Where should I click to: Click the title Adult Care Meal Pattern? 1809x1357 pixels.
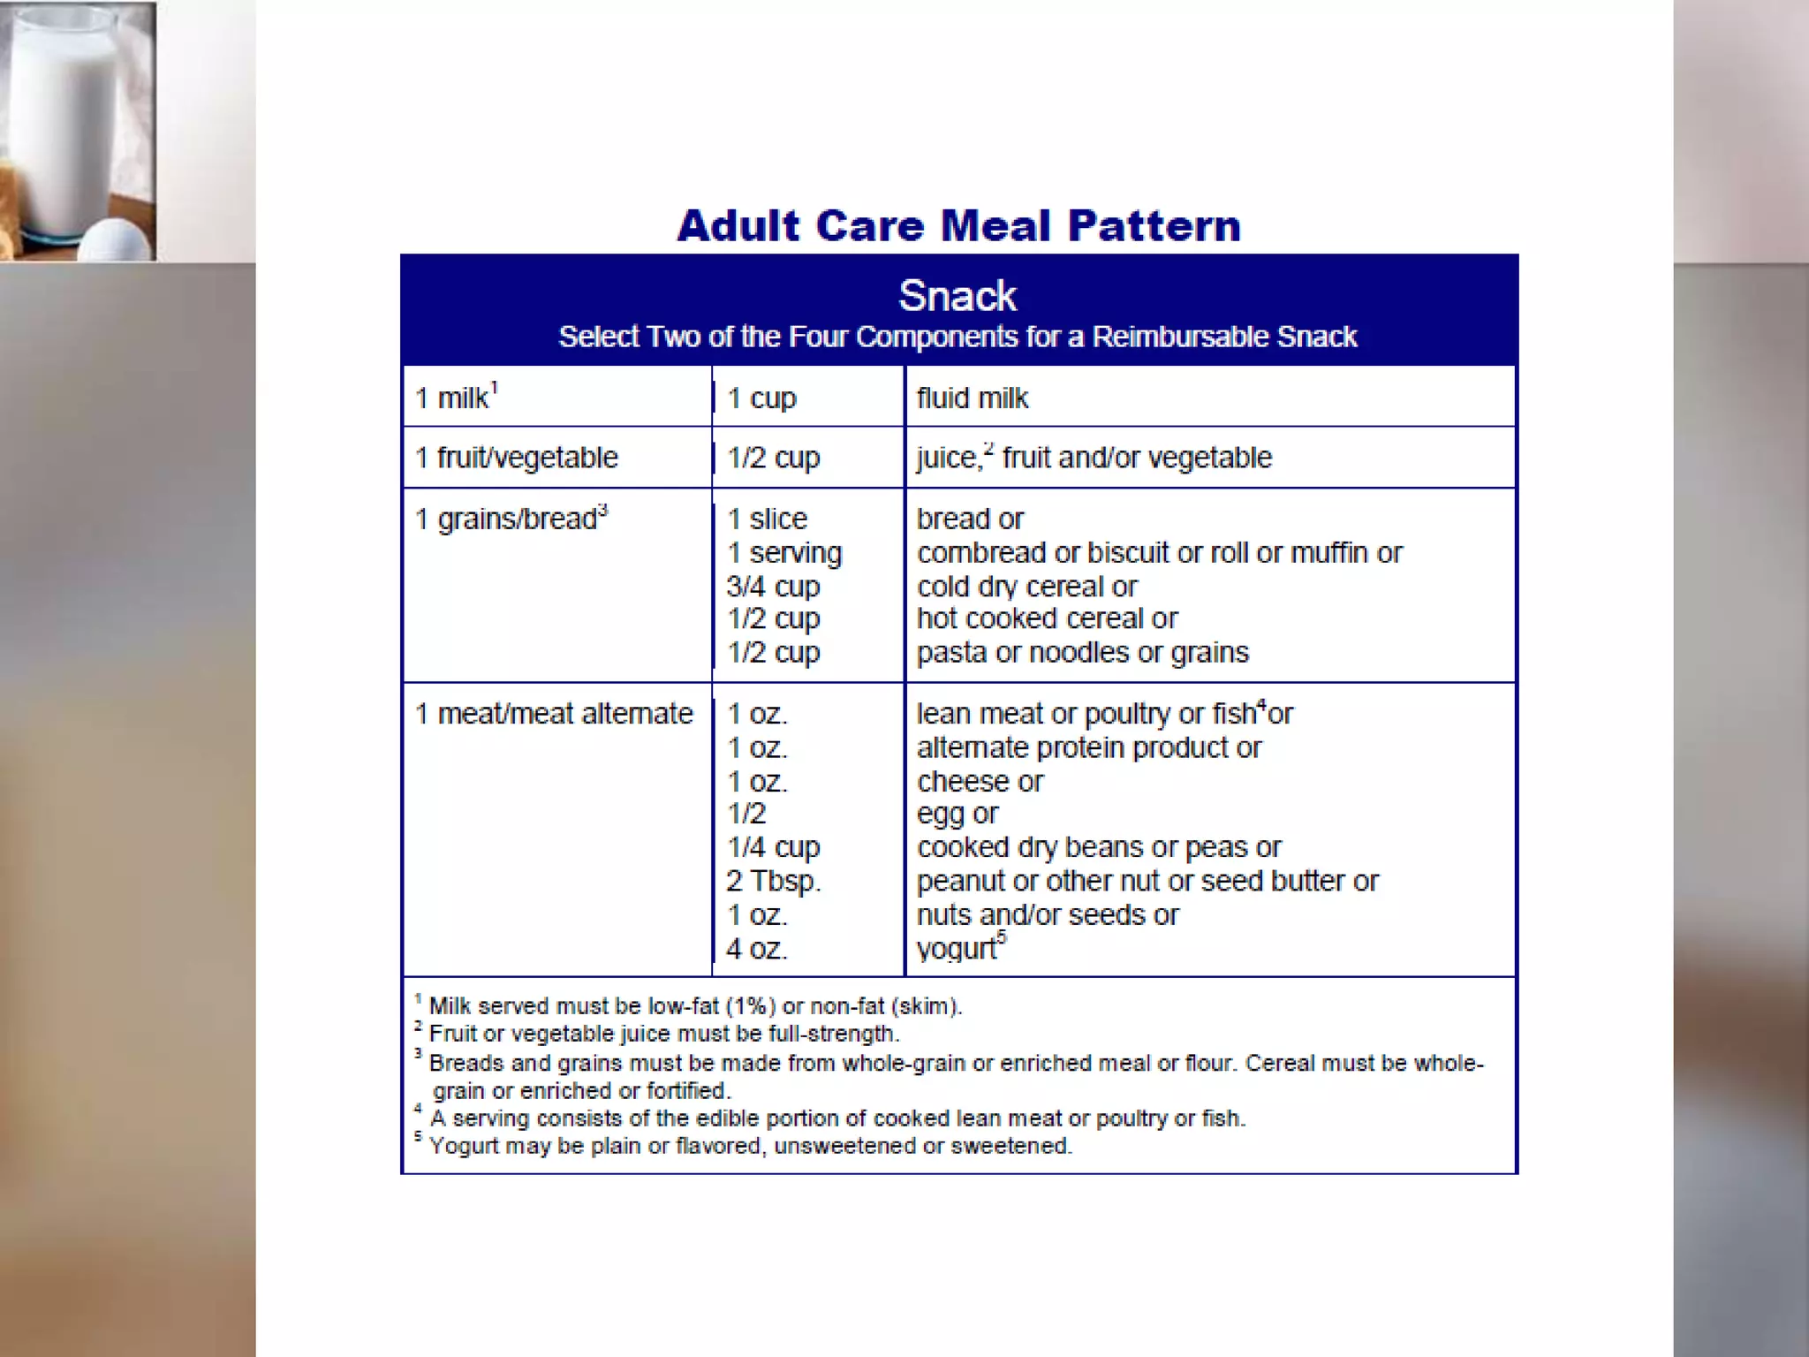958,226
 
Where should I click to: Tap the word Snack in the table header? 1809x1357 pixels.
957,296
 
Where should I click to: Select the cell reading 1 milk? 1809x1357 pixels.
456,398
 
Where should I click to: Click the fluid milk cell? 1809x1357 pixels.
973,398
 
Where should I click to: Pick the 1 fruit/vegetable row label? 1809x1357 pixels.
517,458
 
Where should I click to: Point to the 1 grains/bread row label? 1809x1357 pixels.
511,519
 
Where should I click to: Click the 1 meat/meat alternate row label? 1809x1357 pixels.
554,714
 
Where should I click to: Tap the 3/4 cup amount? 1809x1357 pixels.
773,587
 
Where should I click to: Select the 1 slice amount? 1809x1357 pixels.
767,519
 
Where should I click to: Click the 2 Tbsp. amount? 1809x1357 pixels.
774,881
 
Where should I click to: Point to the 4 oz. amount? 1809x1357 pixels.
757,949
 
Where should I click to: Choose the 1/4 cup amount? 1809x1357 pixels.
773,847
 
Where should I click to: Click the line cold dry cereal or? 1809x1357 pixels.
1026,587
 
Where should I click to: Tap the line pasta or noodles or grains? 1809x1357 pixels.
1082,653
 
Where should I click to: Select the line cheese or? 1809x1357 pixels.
980,782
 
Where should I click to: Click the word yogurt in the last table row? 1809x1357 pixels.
957,949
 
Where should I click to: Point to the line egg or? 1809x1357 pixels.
957,814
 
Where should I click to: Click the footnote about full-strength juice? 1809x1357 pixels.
662,1034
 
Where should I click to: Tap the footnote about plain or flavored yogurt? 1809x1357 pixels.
749,1146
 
